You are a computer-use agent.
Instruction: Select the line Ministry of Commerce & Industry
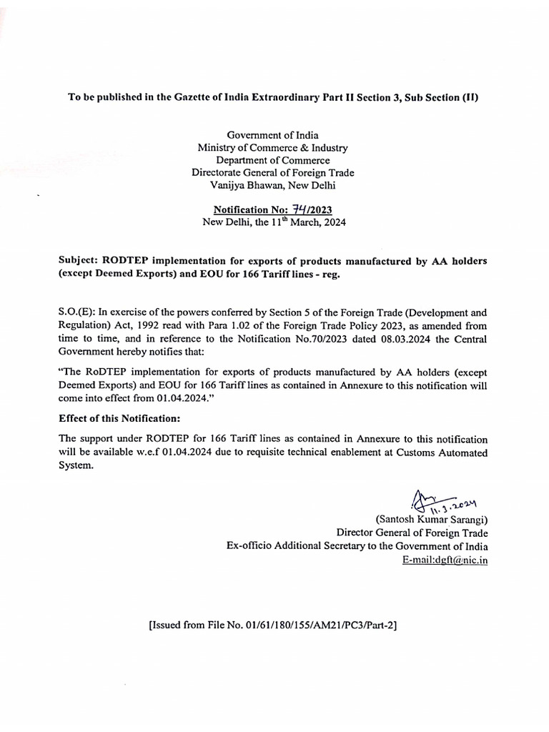[x=272, y=147]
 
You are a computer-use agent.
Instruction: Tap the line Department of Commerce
[x=272, y=160]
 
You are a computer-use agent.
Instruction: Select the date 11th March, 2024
[x=297, y=222]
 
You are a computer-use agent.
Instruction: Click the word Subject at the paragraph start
[x=79, y=261]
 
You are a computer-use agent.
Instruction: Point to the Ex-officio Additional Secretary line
[x=357, y=546]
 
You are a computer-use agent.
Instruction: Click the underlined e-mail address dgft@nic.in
[x=445, y=560]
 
